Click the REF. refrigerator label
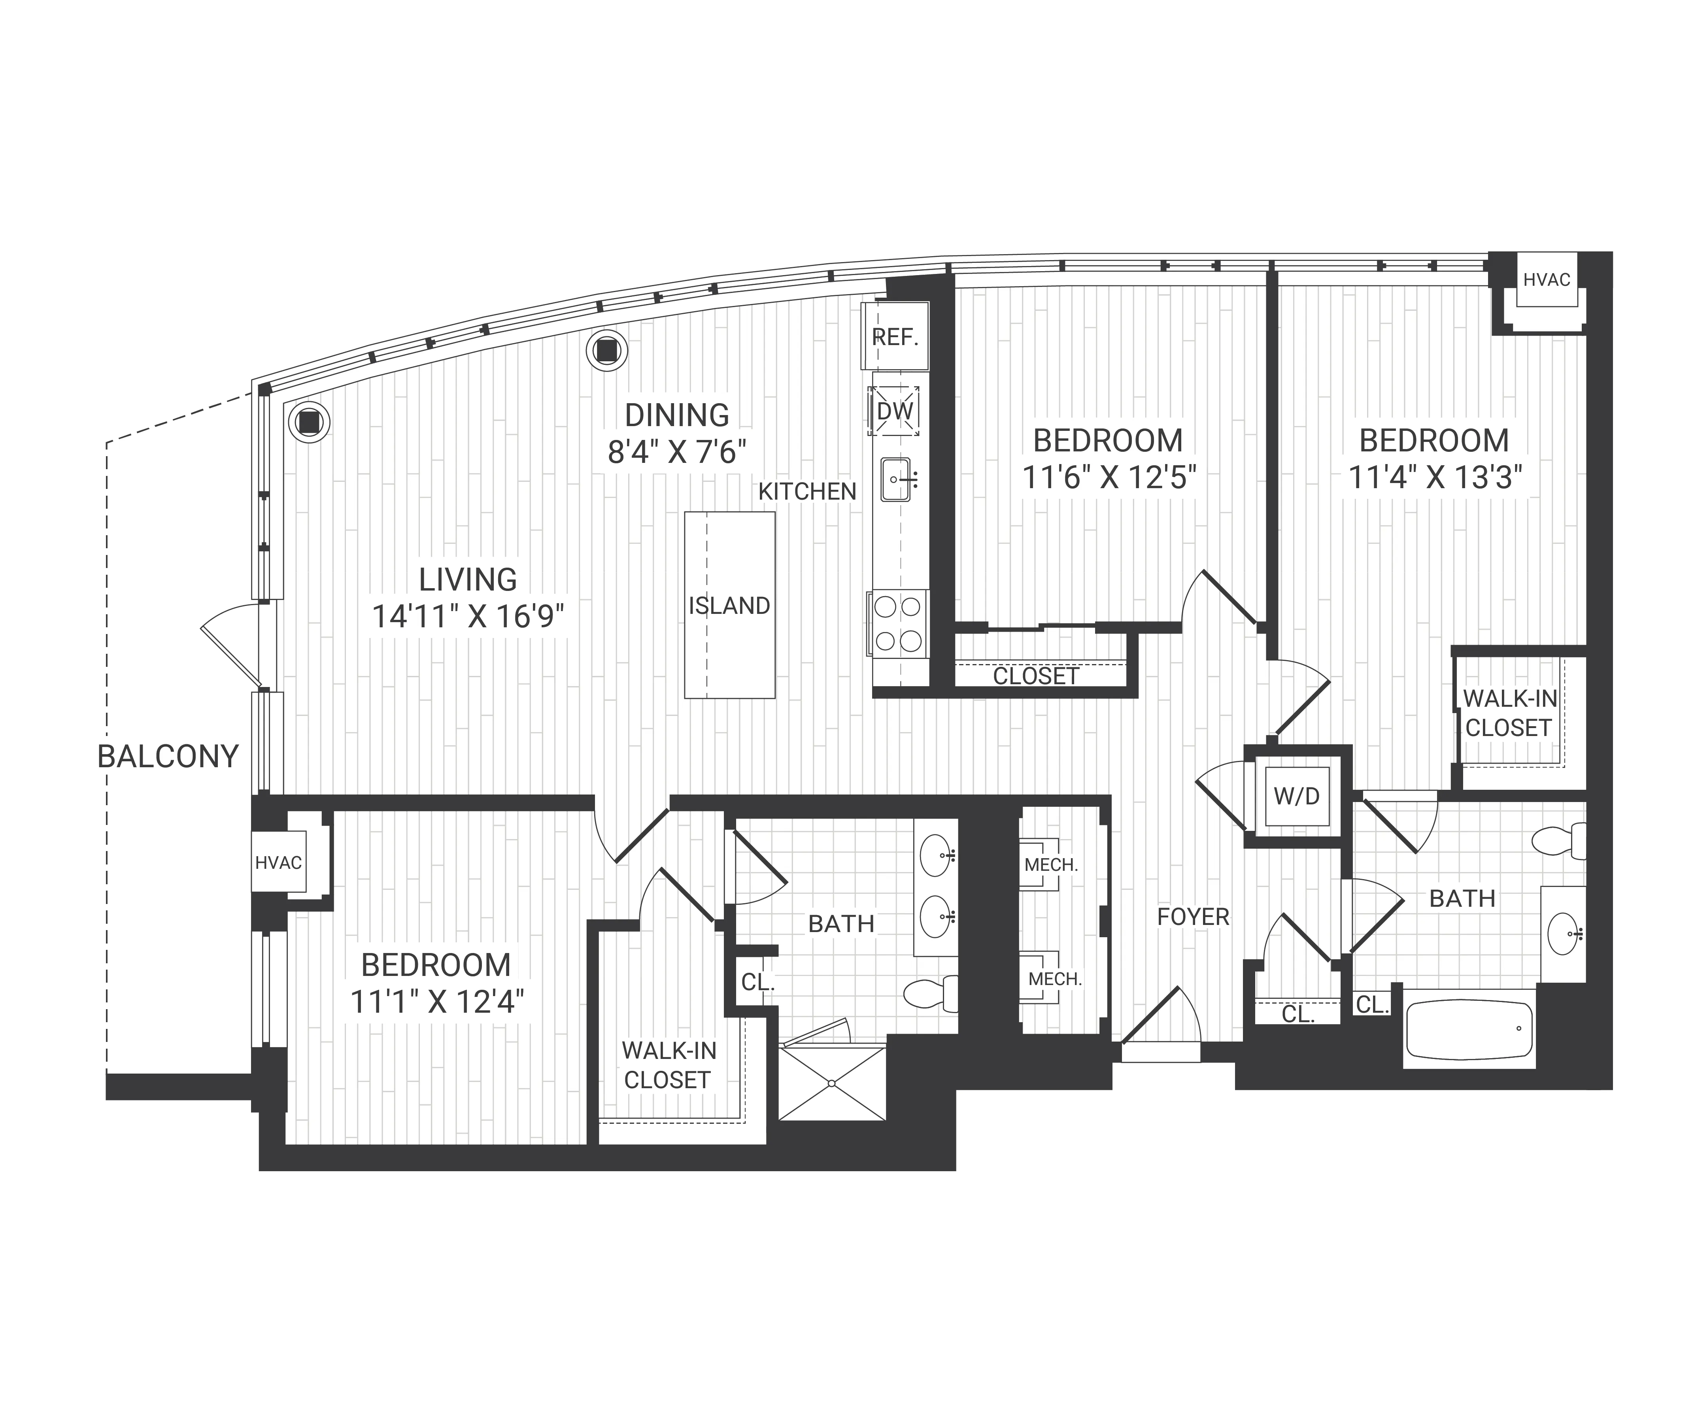[x=895, y=337]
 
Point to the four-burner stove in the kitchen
[x=898, y=623]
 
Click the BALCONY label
[x=168, y=757]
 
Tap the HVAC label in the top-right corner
[x=1547, y=279]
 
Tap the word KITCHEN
[x=807, y=491]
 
